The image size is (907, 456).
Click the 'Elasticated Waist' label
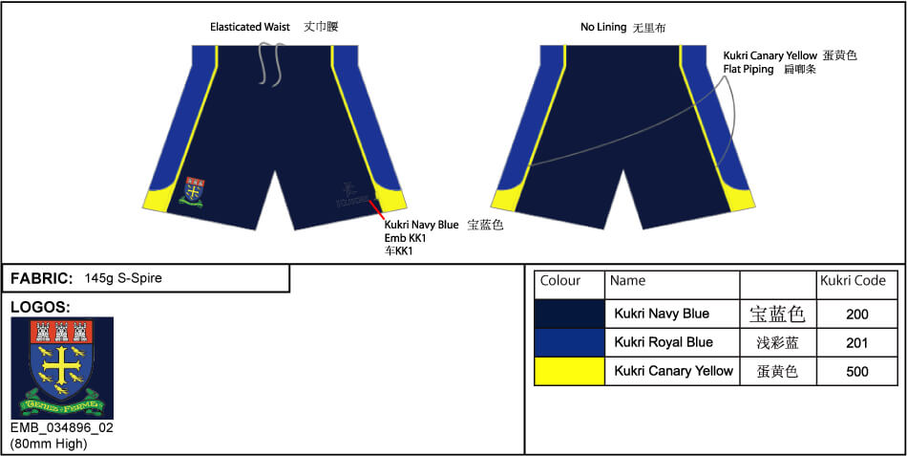(x=250, y=27)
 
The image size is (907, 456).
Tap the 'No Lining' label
(x=603, y=28)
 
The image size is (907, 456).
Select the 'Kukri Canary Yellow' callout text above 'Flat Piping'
(x=770, y=55)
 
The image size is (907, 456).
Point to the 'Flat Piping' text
(x=749, y=70)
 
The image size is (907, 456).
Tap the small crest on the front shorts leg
(x=194, y=191)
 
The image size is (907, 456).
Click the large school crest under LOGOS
(x=61, y=368)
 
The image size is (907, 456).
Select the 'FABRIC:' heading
(x=42, y=278)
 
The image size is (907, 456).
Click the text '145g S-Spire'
(x=123, y=278)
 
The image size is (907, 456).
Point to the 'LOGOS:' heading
(x=41, y=307)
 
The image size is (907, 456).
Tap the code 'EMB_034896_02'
(x=61, y=427)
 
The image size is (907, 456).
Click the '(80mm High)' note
(x=49, y=443)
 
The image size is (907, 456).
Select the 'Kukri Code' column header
(x=853, y=281)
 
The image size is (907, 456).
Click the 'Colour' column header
(x=560, y=281)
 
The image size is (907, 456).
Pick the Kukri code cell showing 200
(x=856, y=314)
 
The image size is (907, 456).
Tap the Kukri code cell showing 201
(x=856, y=342)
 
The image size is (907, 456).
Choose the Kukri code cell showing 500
(x=856, y=371)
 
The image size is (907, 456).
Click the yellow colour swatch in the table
(x=569, y=371)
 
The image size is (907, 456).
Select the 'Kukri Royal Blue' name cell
(x=664, y=342)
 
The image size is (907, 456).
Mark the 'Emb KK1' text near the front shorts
(x=405, y=237)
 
